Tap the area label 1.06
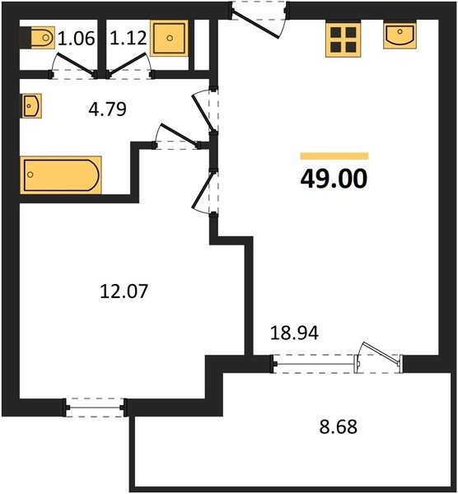tap(77, 39)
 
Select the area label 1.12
tap(129, 38)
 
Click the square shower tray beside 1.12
tap(169, 38)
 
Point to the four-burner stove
tap(343, 40)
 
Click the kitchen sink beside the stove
tap(400, 35)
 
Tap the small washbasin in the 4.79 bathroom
tap(31, 106)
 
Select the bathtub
tap(61, 175)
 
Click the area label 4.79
tap(107, 110)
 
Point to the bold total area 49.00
tap(334, 179)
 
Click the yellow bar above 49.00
tap(334, 156)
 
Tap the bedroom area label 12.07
tap(124, 291)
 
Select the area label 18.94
tap(294, 333)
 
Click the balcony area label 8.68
tap(339, 427)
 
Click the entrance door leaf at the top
tap(255, 25)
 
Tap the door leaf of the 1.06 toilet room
tap(75, 64)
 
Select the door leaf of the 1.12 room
tap(128, 64)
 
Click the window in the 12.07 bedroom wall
tap(95, 408)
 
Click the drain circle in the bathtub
tap(30, 175)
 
